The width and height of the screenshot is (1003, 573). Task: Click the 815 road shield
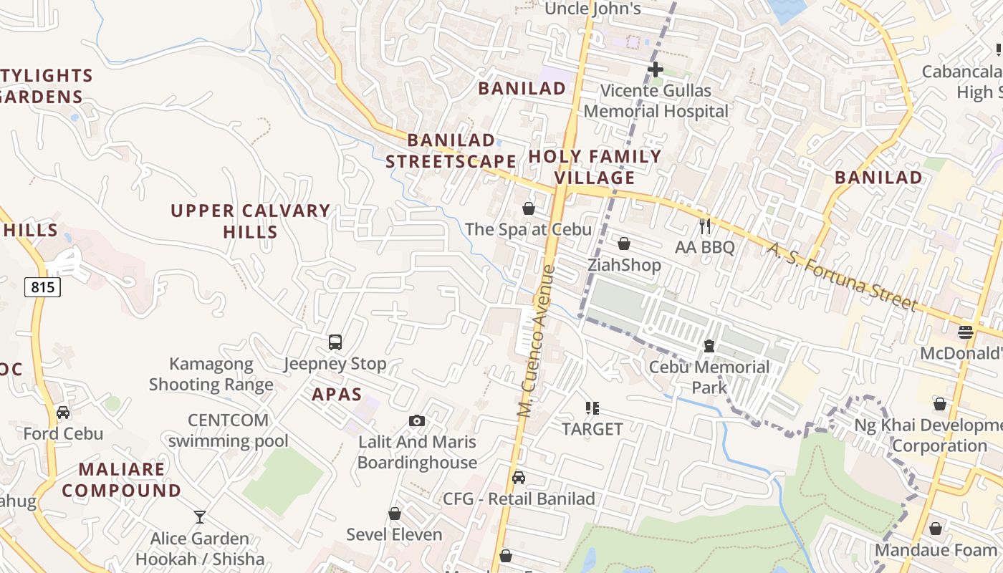pos(42,287)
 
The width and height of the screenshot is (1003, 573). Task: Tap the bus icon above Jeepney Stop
pos(335,342)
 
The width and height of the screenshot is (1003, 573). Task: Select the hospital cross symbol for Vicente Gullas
pos(655,69)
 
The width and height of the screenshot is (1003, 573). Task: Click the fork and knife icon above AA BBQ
pos(705,226)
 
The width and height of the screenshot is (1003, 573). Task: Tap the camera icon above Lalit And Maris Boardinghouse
pos(416,420)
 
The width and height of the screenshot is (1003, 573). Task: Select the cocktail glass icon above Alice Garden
pos(200,516)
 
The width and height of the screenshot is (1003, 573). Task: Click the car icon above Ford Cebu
pos(63,413)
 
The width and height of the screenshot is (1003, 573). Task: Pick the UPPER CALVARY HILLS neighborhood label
pos(250,221)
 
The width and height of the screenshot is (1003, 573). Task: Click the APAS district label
pos(337,394)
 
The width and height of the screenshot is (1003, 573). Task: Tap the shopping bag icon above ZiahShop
pos(624,244)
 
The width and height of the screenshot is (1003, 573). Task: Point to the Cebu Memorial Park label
pos(709,377)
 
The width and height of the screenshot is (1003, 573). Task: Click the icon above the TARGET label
pos(592,408)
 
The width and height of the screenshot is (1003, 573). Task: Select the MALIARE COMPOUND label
pos(130,480)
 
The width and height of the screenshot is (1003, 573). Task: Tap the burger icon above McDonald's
pos(965,332)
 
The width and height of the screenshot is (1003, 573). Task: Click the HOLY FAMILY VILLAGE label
pos(595,167)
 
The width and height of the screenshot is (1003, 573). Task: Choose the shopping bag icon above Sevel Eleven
pos(394,514)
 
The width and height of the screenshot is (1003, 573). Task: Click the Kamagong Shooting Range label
pos(211,374)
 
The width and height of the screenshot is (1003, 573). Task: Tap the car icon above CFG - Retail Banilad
pos(519,478)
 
